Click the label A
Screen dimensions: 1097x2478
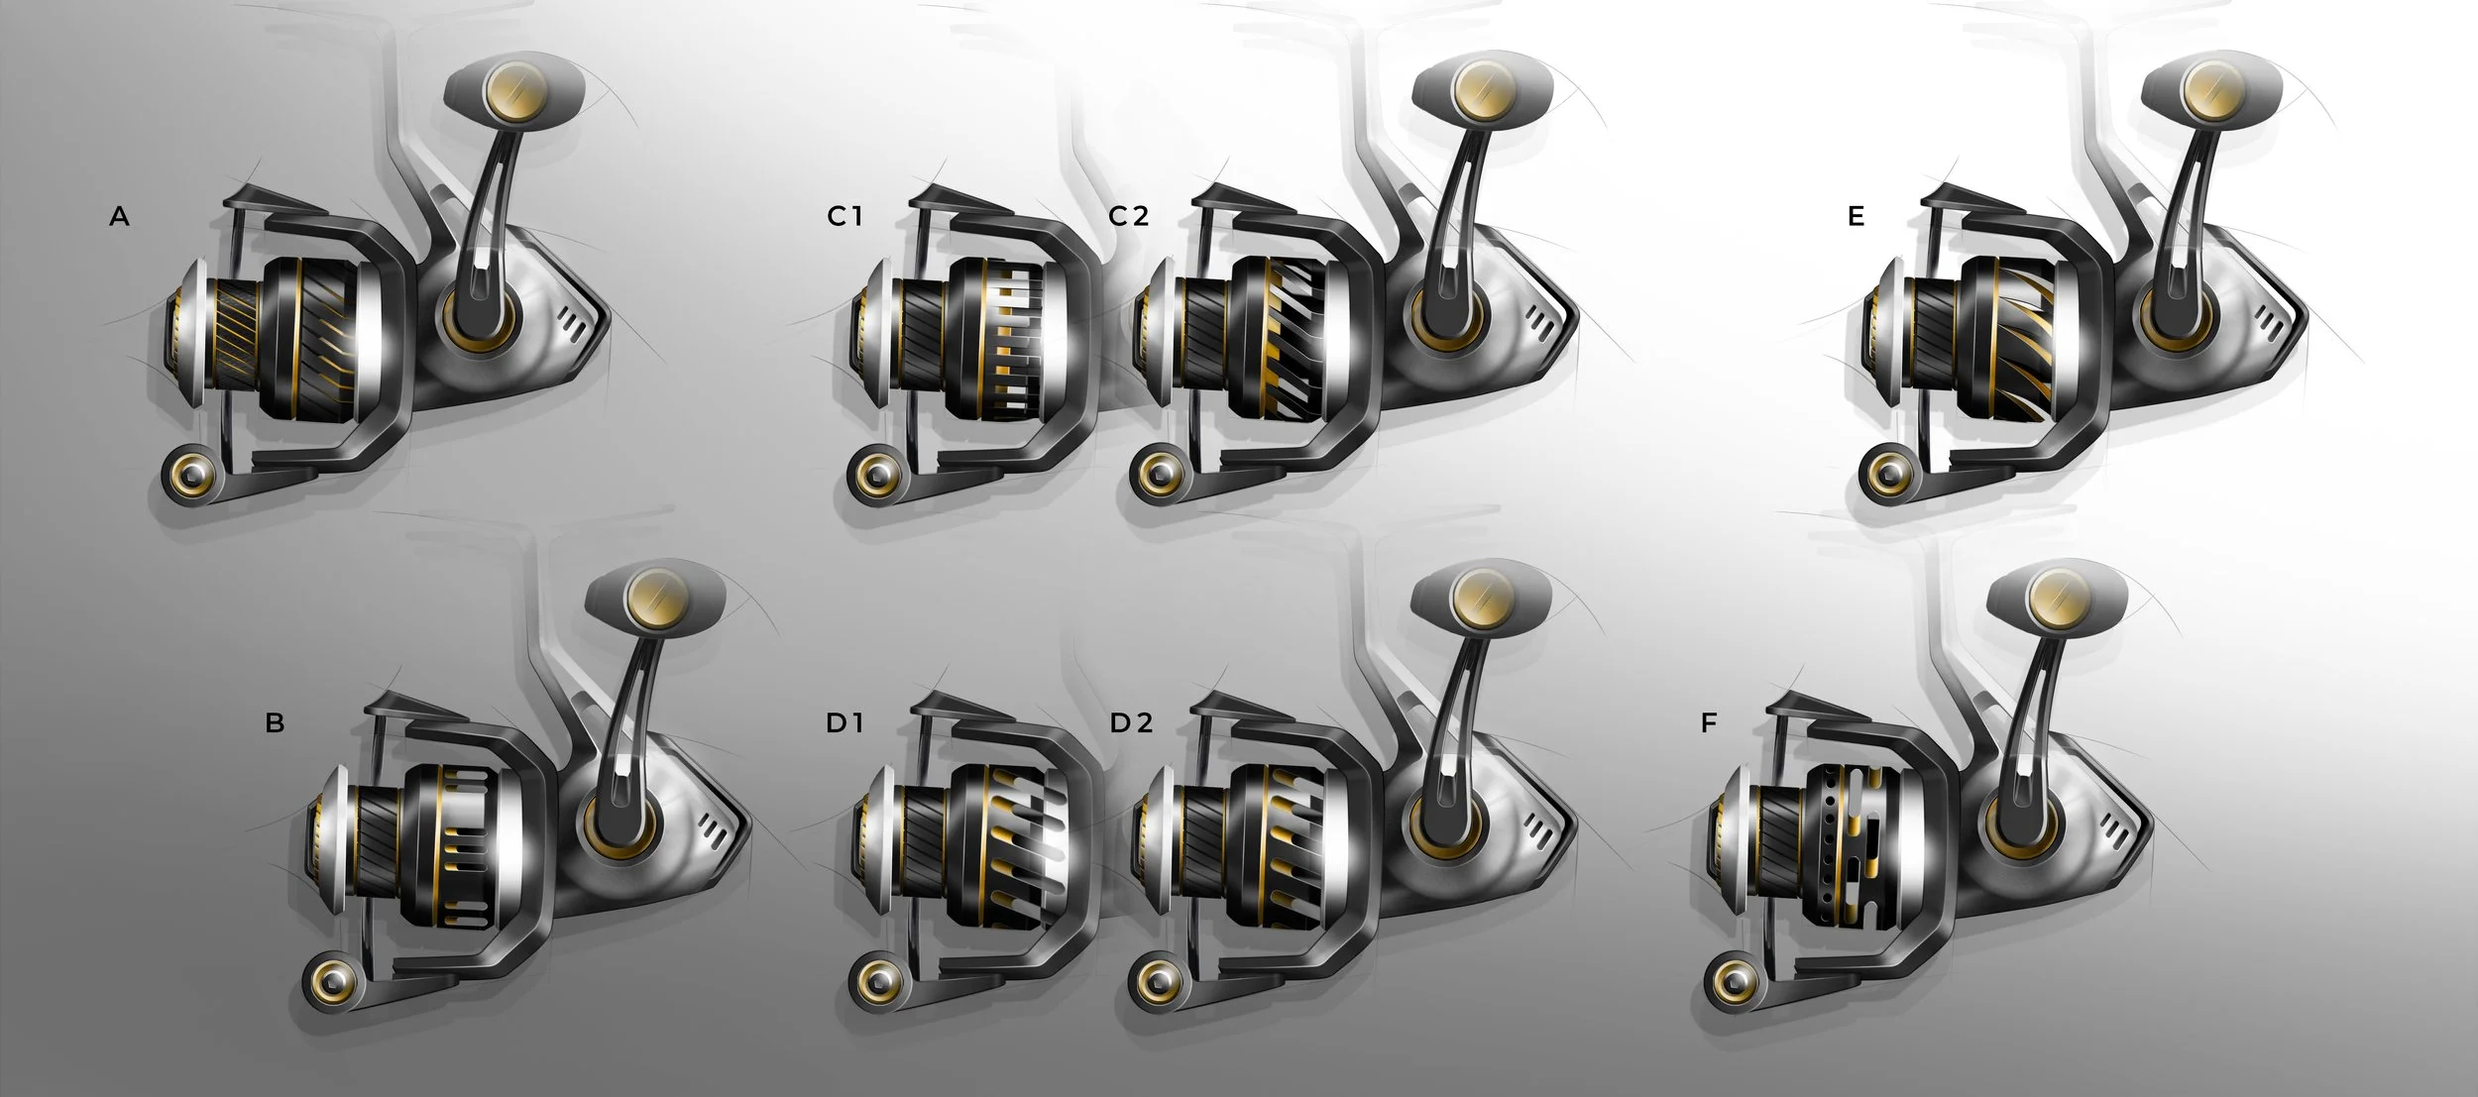pos(119,216)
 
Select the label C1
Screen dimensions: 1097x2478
pos(845,216)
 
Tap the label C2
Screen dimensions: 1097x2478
pos(1128,216)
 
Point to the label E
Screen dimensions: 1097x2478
pos(1857,216)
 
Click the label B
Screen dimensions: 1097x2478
pos(275,723)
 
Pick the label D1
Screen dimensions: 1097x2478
pos(845,723)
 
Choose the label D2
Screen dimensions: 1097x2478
pos(1131,723)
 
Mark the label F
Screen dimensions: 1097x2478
pos(1708,723)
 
